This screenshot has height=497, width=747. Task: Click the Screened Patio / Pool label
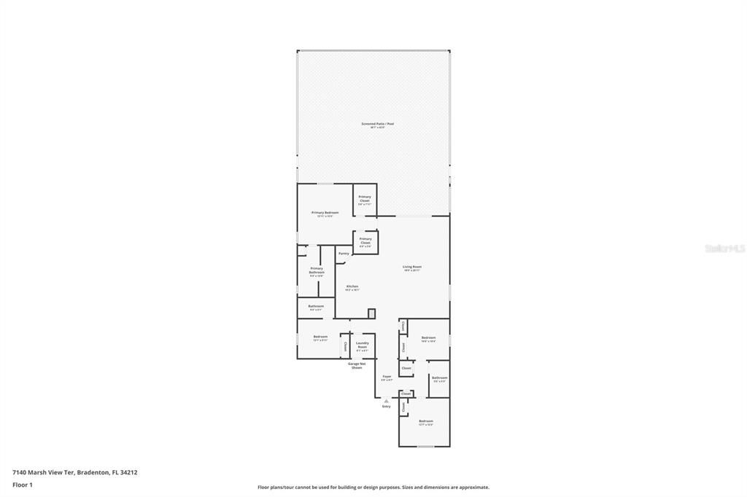tap(377, 124)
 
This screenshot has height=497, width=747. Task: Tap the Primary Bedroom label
tap(325, 213)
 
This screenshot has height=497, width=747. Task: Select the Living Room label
tap(412, 267)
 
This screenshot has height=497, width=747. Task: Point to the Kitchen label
tap(352, 286)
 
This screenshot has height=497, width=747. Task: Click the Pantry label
tap(344, 253)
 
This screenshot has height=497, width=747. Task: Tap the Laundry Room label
tap(362, 344)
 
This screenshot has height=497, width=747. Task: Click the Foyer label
tap(387, 377)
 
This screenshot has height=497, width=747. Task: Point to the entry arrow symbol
tap(387, 400)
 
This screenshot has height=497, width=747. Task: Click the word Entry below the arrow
tap(387, 407)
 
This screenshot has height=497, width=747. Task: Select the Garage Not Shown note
tap(357, 365)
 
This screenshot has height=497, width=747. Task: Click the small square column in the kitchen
tap(371, 313)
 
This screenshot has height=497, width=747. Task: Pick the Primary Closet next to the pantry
tap(365, 240)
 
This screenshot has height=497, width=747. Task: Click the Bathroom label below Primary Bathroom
tap(316, 306)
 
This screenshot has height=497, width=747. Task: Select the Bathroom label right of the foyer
tap(439, 377)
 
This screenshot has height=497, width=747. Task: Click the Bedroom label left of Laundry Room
tap(320, 337)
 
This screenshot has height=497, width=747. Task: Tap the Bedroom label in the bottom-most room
tap(426, 421)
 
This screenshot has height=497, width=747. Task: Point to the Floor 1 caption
tap(22, 485)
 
